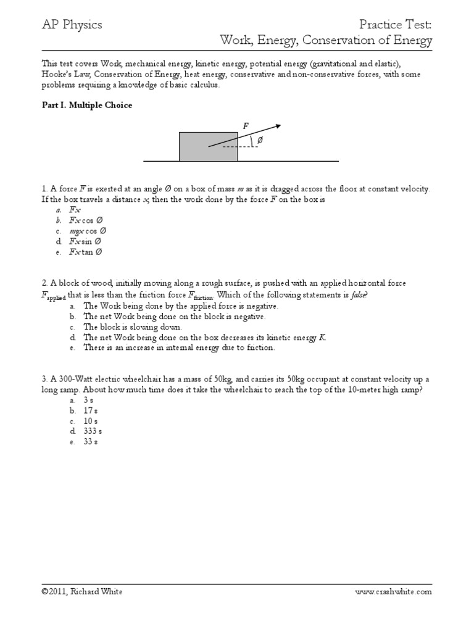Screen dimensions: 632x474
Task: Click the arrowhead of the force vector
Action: point(278,126)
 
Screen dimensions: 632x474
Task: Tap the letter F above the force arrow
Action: point(245,126)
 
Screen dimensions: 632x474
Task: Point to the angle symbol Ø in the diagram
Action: point(259,141)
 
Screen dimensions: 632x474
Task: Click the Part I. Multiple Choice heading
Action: point(86,105)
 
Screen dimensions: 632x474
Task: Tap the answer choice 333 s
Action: point(92,431)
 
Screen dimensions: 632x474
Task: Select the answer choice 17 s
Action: point(90,410)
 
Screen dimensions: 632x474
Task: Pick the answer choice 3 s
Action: point(88,399)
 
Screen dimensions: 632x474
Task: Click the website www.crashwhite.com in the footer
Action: point(393,591)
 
